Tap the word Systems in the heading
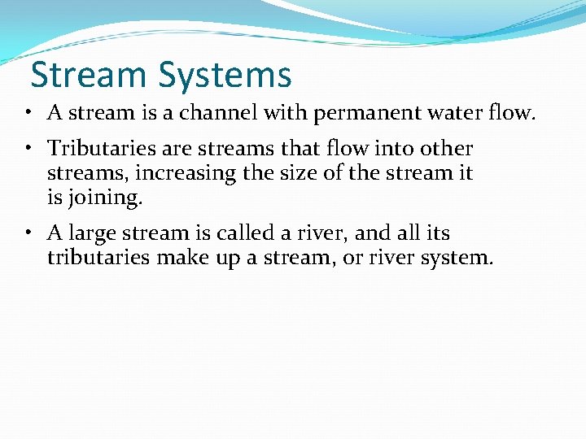tap(225, 76)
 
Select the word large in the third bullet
tap(91, 233)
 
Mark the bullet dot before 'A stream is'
tap(28, 112)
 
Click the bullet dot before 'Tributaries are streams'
tap(28, 149)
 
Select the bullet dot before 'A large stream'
tap(28, 233)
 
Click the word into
tap(391, 149)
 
